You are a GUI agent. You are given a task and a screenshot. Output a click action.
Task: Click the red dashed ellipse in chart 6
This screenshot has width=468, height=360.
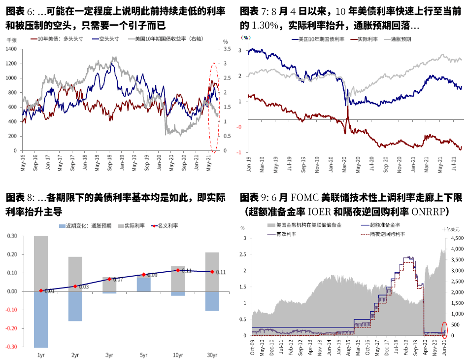pos(213,107)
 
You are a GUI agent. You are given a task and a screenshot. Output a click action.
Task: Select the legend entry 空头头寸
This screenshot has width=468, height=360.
pos(109,38)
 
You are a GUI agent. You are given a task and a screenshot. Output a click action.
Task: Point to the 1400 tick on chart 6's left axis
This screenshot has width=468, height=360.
pos(11,49)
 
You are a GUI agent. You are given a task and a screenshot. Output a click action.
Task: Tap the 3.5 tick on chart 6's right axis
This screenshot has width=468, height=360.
pos(227,49)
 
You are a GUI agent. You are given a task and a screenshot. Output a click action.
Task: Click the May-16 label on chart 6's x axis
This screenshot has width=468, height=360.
pos(23,162)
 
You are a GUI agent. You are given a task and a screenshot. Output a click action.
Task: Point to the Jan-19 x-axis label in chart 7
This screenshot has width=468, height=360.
pos(249,163)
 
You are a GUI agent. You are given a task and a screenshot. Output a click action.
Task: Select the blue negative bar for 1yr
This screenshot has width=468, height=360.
pos(41,319)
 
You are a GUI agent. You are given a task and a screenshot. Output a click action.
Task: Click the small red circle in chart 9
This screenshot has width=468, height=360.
pos(444,329)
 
